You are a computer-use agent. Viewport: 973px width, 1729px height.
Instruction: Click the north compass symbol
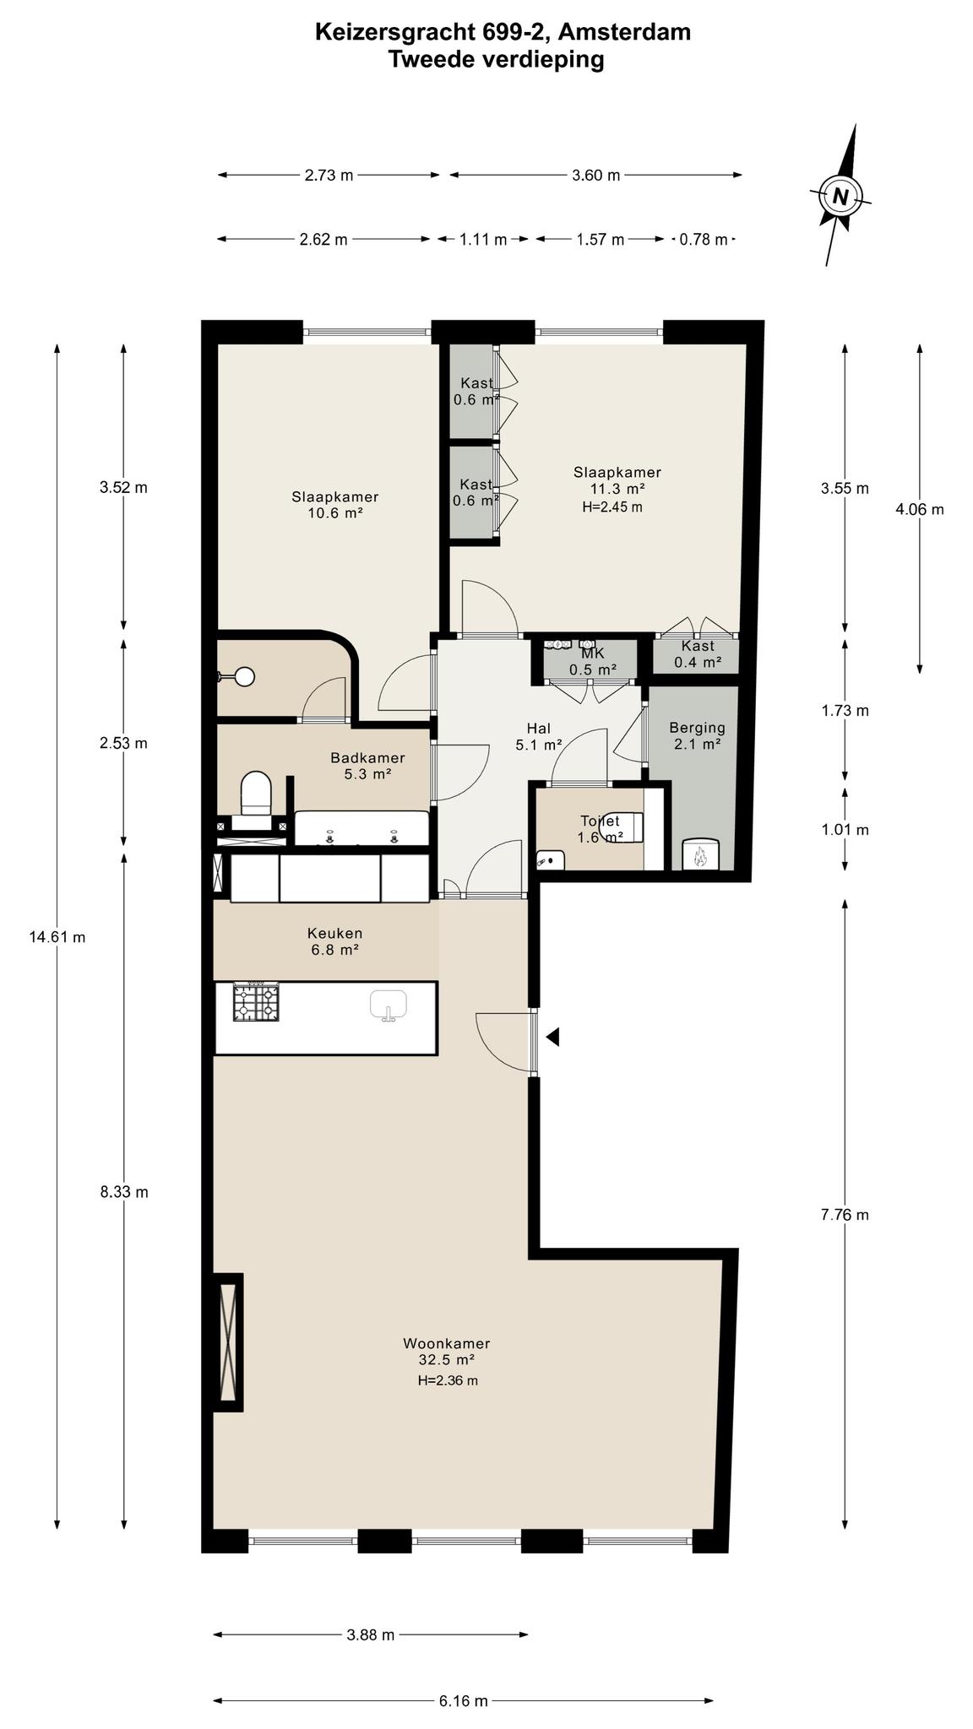pos(840,196)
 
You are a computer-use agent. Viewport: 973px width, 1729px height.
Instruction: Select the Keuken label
pos(334,941)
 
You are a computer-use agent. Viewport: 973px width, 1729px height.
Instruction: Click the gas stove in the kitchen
pos(255,1002)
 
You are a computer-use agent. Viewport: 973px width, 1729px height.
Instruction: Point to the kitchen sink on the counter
pos(388,1005)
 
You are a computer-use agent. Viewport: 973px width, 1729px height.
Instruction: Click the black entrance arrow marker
pos(552,1036)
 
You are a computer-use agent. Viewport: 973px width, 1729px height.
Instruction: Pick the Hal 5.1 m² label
pos(539,736)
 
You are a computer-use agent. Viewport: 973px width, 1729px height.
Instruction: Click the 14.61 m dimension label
pos(57,936)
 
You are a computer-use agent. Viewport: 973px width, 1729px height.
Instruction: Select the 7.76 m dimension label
pos(845,1215)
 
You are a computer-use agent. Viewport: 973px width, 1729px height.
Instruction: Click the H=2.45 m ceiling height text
pos(612,507)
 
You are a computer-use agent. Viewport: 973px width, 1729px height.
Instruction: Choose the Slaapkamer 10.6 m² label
pos(335,504)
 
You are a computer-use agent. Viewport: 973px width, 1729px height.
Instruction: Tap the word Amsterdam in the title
pos(625,32)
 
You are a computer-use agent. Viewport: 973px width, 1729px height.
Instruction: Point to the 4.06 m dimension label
pos(920,509)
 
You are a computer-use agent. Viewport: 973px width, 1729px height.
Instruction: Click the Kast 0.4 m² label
pos(698,654)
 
